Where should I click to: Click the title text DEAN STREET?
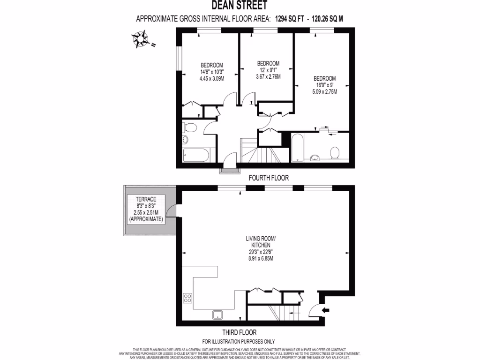coord(240,6)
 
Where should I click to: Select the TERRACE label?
coord(147,199)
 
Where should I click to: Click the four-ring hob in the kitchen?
coord(187,298)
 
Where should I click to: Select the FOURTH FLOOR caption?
coord(268,178)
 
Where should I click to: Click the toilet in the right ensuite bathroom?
coord(335,153)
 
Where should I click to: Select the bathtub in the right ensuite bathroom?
coord(298,148)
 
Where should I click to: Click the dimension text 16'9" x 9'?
coord(325,85)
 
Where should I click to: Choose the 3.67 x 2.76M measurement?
coord(268,76)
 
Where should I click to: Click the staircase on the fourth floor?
coord(262,153)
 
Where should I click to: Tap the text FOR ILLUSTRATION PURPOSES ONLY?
coord(239,341)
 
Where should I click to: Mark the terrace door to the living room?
coord(173,212)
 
